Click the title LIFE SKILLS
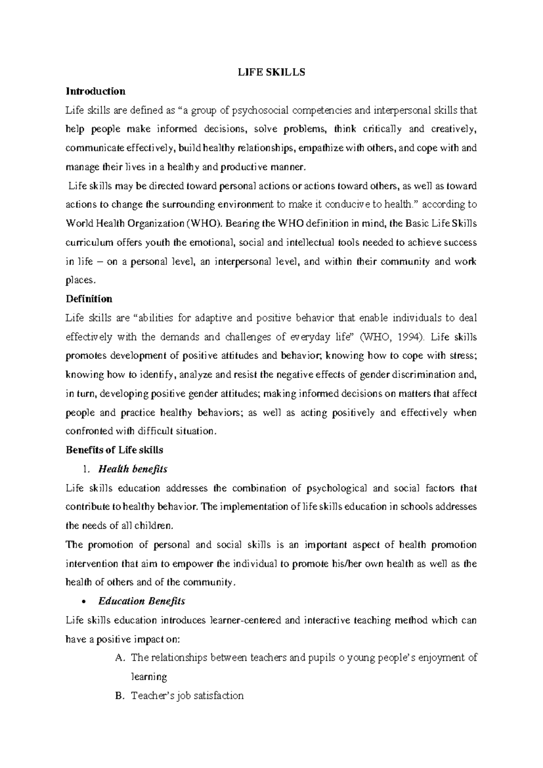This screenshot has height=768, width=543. (271, 72)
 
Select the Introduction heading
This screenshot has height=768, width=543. (95, 91)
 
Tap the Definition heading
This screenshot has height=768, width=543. (89, 299)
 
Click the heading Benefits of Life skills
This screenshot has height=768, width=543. (114, 450)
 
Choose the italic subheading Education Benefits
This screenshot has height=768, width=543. (142, 601)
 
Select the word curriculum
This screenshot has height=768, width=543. (89, 242)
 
